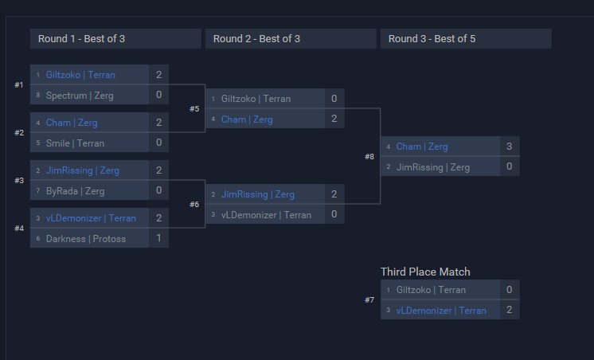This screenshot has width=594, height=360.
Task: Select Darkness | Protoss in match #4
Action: coord(85,239)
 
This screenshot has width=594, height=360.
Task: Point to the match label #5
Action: coord(194,109)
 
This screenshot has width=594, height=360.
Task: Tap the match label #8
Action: coord(369,157)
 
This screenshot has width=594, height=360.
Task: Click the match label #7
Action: coord(369,300)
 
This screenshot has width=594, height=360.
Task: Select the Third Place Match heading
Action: coord(425,272)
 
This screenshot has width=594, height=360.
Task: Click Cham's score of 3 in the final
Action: coord(509,147)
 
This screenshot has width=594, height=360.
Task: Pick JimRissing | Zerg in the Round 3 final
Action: coord(433,167)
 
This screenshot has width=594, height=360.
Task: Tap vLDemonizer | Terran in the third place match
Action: coord(440,311)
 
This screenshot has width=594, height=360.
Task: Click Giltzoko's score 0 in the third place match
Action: coord(509,290)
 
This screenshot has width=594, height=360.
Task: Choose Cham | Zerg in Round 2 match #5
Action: coord(247,119)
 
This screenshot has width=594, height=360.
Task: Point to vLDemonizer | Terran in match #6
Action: coord(266,215)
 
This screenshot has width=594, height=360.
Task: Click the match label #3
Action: coord(19,181)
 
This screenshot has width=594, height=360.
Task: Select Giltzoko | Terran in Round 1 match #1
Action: coord(80,75)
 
